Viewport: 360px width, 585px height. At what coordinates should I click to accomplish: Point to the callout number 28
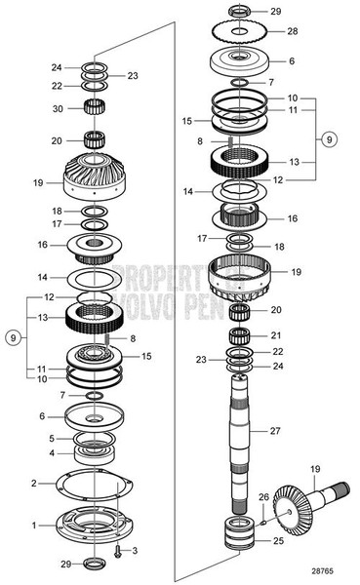click(x=293, y=32)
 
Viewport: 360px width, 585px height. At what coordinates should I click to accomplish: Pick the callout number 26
click(x=263, y=497)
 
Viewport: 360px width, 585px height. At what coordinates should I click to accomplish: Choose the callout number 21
click(x=276, y=336)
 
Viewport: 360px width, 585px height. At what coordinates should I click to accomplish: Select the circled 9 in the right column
click(x=331, y=139)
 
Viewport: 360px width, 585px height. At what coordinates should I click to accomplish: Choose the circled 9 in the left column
click(x=12, y=338)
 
